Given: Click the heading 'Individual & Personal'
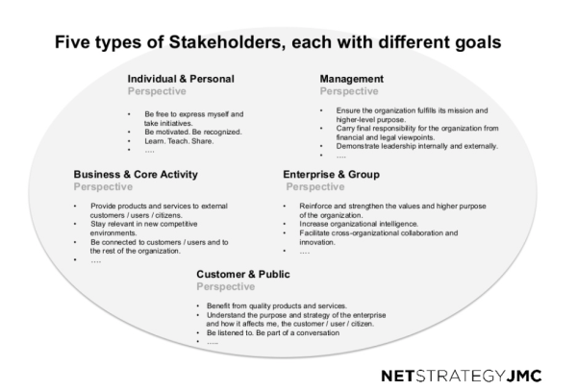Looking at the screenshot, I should tap(182, 78).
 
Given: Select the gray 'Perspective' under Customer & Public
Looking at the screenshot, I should tap(226, 286).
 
